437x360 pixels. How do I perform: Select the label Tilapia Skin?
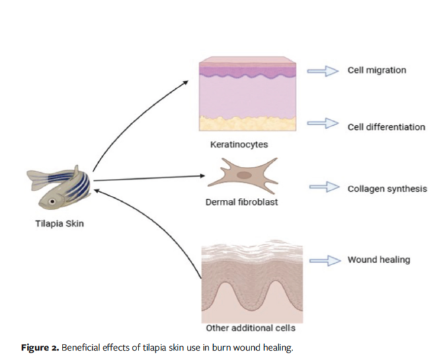pos(59,224)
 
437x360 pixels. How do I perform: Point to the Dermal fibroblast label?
pos(241,202)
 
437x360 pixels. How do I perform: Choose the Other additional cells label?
pos(250,328)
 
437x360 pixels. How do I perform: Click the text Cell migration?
pos(376,69)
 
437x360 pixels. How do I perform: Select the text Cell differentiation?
pos(386,127)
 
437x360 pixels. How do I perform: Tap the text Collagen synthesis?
pos(387,188)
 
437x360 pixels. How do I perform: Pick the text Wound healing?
pos(379,260)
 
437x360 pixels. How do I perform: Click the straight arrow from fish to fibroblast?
pos(148,178)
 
